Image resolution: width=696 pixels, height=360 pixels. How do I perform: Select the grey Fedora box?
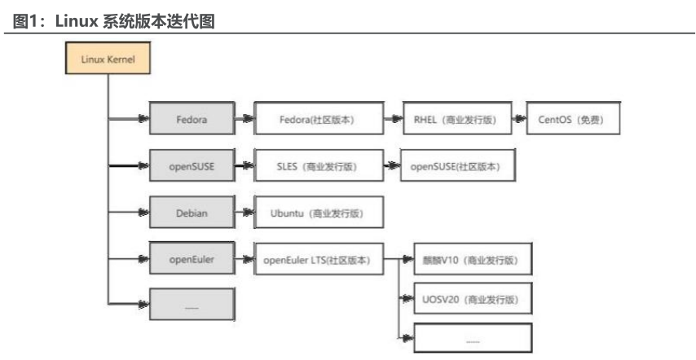[192, 119]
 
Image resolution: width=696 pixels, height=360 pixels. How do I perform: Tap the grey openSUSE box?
[192, 166]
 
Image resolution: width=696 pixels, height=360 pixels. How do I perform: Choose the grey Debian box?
[192, 213]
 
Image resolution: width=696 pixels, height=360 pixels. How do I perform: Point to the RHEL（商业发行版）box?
[456, 119]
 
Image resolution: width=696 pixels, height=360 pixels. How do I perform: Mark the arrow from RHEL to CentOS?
[518, 119]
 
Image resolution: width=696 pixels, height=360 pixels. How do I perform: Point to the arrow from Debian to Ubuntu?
[244, 213]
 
